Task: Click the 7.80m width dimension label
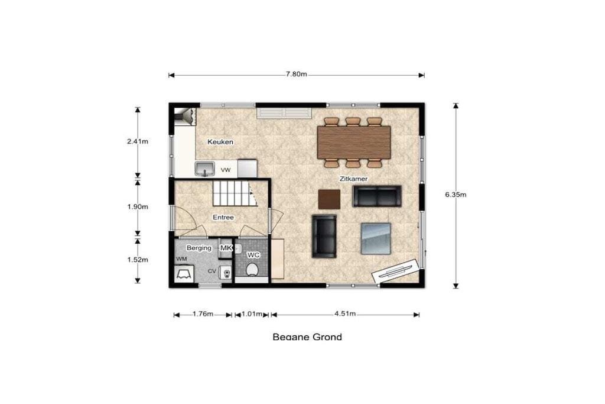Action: click(297, 74)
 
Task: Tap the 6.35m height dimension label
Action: click(456, 195)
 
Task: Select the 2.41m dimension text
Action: click(138, 141)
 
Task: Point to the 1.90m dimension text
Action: click(138, 206)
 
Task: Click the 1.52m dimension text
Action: click(138, 260)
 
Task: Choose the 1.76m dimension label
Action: click(203, 313)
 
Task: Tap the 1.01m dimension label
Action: click(252, 313)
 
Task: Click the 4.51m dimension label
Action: click(345, 313)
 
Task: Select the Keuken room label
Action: click(220, 142)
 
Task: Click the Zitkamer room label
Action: click(353, 179)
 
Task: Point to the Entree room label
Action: click(223, 218)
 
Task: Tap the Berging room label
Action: click(199, 248)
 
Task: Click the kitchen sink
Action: click(204, 169)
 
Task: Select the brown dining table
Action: click(354, 142)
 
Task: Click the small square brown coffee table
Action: click(329, 199)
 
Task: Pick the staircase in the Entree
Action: click(235, 193)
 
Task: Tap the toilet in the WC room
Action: click(252, 269)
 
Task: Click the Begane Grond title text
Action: click(307, 337)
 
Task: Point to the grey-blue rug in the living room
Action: click(376, 238)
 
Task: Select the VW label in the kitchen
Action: click(226, 170)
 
